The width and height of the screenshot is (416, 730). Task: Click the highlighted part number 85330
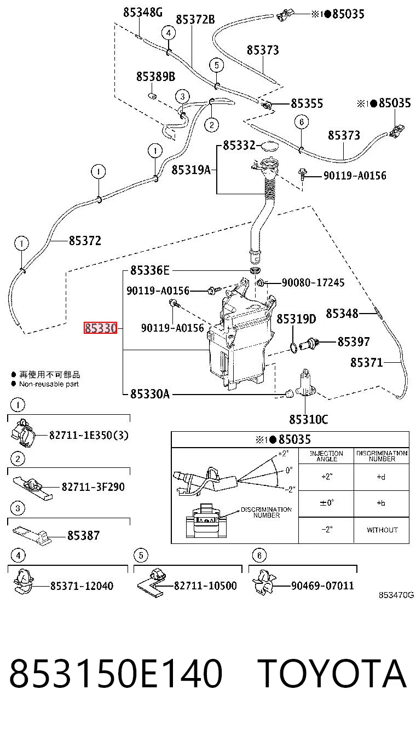click(100, 328)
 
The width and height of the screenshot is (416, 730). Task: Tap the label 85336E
click(150, 270)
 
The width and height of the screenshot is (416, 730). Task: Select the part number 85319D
click(296, 318)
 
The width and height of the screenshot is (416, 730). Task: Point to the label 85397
click(354, 341)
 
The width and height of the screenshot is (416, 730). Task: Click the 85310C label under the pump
click(308, 419)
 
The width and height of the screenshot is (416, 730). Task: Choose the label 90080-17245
click(313, 282)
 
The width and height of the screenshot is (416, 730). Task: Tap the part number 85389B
click(155, 77)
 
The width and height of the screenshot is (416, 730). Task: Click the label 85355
click(307, 103)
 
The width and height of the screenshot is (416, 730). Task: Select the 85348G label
click(143, 13)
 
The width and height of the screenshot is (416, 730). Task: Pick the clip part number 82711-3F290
click(93, 486)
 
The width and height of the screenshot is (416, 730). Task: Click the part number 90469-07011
click(322, 586)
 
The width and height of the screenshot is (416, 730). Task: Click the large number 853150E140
click(115, 673)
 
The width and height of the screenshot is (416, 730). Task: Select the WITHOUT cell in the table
click(382, 530)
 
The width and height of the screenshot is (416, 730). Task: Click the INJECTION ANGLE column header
click(326, 456)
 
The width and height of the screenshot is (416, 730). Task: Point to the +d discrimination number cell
click(381, 477)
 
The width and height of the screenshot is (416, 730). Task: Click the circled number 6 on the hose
click(302, 122)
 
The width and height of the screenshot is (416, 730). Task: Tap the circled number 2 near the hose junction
click(212, 125)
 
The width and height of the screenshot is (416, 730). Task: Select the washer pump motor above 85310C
click(305, 384)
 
